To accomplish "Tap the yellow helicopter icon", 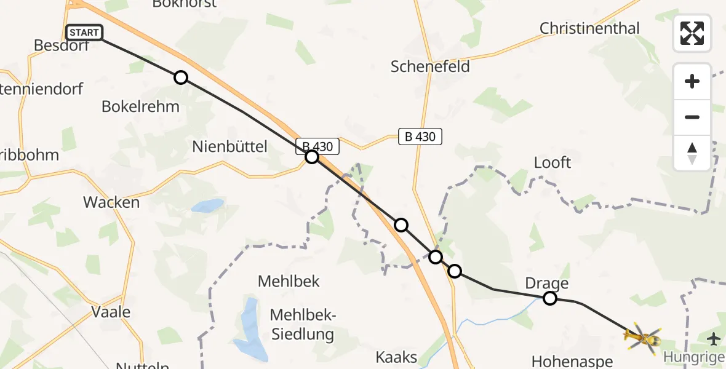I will pos(642,337).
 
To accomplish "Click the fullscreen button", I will pos(692,33).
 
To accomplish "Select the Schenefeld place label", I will pos(430,66).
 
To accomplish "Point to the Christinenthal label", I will pos(589,28).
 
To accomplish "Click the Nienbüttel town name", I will pos(229,146).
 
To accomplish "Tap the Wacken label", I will pos(111,202).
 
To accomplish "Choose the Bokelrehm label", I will pos(140,106).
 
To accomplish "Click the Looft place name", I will pos(552,162).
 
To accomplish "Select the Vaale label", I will pos(111,311).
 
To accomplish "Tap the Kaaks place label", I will pos(396,357).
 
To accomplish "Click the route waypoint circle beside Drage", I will pos(550,298).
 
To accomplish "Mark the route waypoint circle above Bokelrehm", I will pos(180,77).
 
